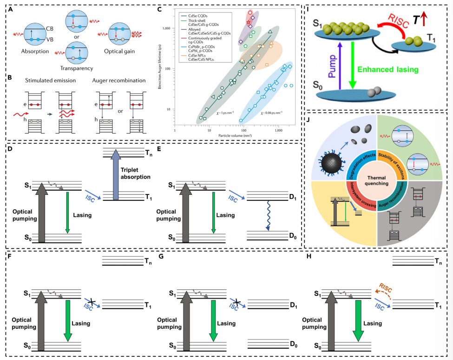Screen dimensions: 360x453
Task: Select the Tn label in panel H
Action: coord(433,261)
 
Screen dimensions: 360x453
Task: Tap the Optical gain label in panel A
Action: coord(122,51)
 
